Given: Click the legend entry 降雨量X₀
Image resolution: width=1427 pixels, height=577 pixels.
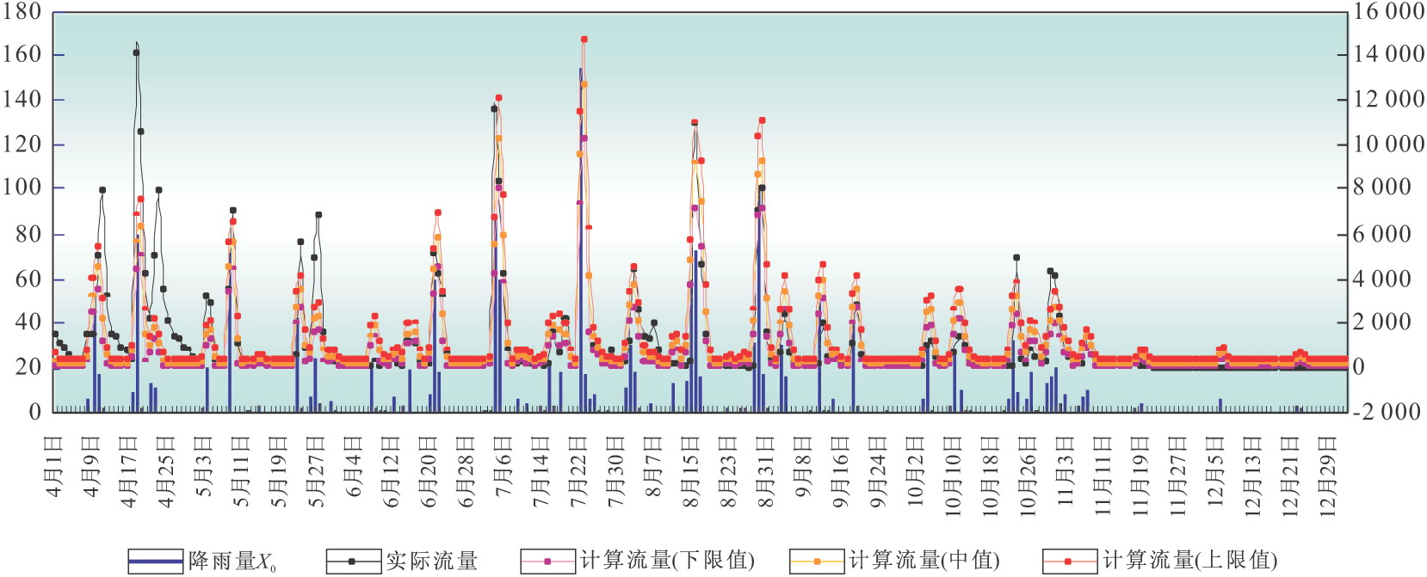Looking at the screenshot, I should click(x=202, y=562).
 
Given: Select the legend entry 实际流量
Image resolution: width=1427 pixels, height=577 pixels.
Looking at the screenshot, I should click(x=402, y=562).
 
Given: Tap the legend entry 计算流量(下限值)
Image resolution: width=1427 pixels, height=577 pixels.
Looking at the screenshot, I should click(x=638, y=562).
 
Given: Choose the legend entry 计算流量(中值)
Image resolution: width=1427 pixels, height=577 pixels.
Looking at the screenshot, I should click(x=895, y=562).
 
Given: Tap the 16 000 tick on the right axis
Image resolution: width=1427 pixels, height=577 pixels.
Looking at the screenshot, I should click(x=1388, y=12).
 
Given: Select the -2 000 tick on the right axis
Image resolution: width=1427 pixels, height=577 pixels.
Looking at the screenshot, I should click(x=1387, y=412).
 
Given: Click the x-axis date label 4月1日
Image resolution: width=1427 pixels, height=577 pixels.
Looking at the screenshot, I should click(x=54, y=467).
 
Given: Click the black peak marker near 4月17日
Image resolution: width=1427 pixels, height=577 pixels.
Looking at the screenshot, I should click(x=136, y=52).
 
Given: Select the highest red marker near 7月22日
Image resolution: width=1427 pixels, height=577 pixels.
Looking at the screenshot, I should click(x=584, y=40).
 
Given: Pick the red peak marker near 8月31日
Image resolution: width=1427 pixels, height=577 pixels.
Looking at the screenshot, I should click(x=762, y=120).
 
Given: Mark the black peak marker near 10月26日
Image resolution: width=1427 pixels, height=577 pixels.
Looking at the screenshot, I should click(x=1016, y=257).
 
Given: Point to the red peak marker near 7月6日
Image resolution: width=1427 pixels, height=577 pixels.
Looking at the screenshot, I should click(x=499, y=98).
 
